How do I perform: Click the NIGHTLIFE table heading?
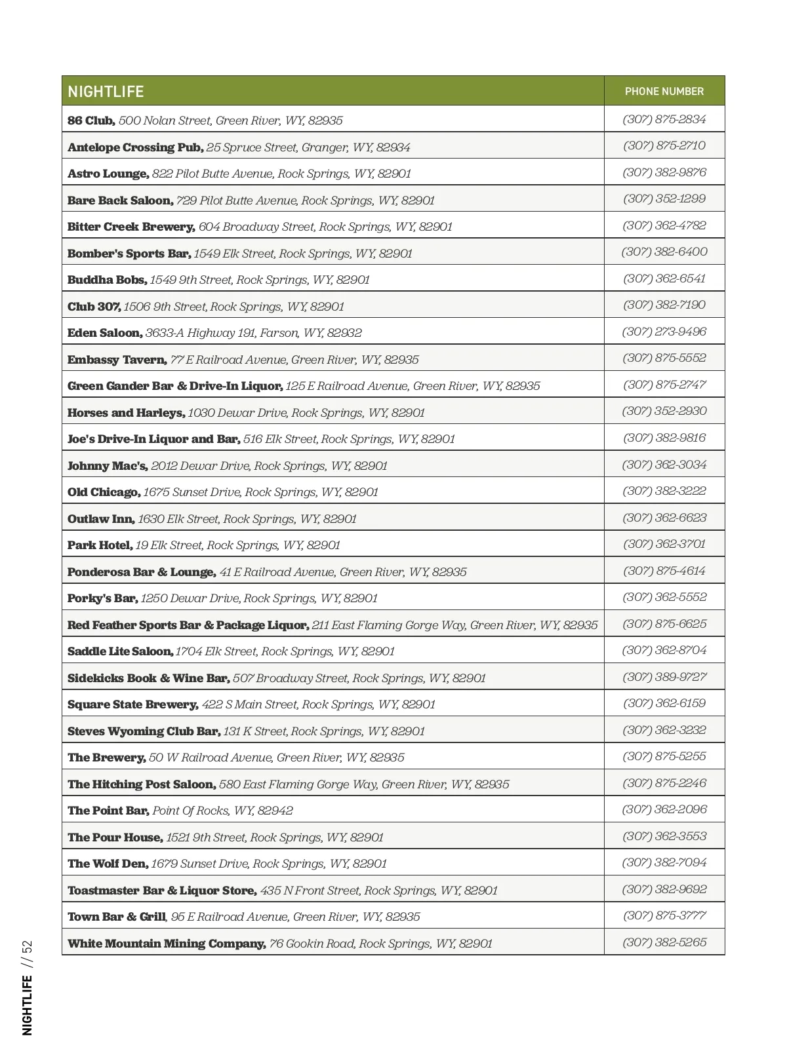(x=106, y=92)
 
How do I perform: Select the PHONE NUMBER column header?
(x=664, y=92)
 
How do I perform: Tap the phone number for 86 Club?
(x=664, y=119)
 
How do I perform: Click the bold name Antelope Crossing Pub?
(x=135, y=147)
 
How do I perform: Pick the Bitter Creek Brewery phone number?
(x=664, y=225)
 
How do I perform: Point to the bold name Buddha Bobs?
(x=107, y=280)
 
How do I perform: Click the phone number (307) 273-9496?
(x=664, y=332)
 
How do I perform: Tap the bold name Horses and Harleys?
(x=126, y=413)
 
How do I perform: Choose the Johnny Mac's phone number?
(x=664, y=465)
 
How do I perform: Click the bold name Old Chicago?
(x=104, y=492)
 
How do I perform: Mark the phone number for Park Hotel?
(x=664, y=544)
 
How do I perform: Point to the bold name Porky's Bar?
(x=102, y=598)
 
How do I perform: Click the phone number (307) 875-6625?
(x=664, y=624)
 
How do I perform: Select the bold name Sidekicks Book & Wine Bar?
(x=148, y=678)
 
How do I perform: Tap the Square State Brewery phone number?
(x=664, y=703)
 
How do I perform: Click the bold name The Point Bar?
(x=108, y=811)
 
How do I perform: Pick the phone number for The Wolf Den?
(x=664, y=862)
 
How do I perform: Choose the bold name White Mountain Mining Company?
(x=167, y=944)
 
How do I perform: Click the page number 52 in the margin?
(x=27, y=949)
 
